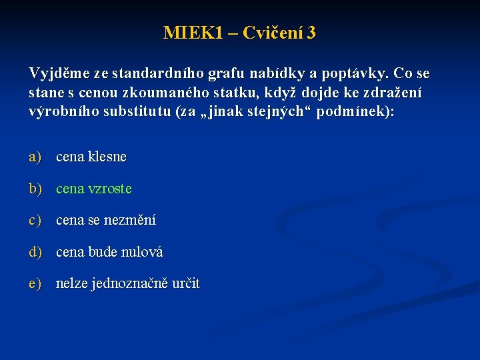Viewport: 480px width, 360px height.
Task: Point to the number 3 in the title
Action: [x=311, y=33]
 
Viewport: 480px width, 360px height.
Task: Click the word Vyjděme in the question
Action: [x=58, y=72]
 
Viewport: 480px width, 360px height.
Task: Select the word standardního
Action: [x=151, y=72]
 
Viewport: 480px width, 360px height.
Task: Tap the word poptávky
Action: [x=357, y=72]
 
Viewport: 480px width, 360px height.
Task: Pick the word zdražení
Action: [x=393, y=92]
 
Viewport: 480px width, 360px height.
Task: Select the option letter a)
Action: [x=35, y=157]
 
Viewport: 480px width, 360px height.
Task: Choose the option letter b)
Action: [x=35, y=189]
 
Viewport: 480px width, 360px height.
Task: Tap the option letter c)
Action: [x=35, y=220]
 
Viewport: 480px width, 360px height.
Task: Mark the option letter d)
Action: [x=35, y=252]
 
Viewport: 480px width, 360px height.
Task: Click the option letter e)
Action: [x=35, y=283]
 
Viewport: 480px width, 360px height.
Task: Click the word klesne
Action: [x=107, y=157]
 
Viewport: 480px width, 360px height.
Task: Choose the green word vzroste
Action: [x=109, y=189]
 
